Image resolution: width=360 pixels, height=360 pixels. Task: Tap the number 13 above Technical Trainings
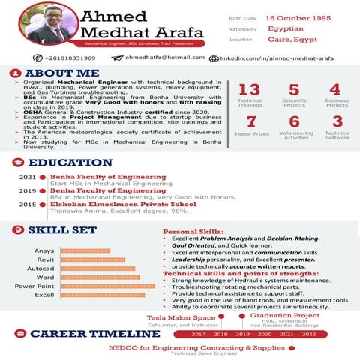click(x=249, y=90)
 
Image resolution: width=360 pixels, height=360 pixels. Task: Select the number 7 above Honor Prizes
click(x=251, y=121)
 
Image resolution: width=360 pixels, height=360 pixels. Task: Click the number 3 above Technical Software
click(x=337, y=121)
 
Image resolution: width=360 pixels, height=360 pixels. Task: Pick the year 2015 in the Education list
click(x=28, y=204)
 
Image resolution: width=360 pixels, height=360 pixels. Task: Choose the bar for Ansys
click(x=84, y=250)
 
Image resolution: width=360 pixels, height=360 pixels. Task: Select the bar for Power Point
click(x=101, y=286)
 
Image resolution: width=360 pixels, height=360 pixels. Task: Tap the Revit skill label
click(x=45, y=259)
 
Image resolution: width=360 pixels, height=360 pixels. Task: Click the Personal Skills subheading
click(x=193, y=232)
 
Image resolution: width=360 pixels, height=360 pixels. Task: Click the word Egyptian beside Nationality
click(x=285, y=28)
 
